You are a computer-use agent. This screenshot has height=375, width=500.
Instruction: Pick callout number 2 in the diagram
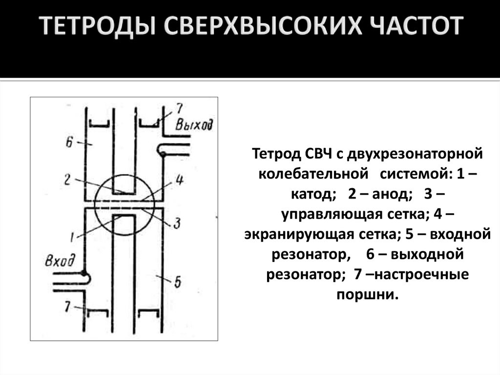[x=68, y=179]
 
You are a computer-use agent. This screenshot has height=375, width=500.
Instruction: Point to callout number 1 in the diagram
[x=72, y=238]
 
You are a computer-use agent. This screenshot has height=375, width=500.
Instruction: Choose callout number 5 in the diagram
[x=177, y=282]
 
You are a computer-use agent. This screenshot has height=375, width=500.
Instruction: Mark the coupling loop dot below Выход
[x=163, y=154]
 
